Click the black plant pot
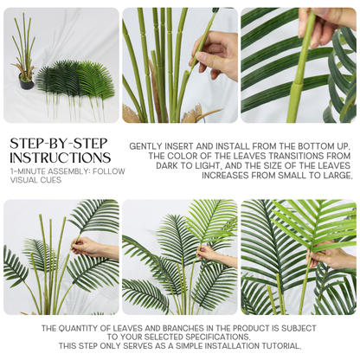coord(27,81)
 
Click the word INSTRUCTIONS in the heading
coord(61,157)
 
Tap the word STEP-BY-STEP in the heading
coord(59,144)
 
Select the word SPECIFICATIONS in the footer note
coord(216,337)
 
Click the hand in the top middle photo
coord(215,55)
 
